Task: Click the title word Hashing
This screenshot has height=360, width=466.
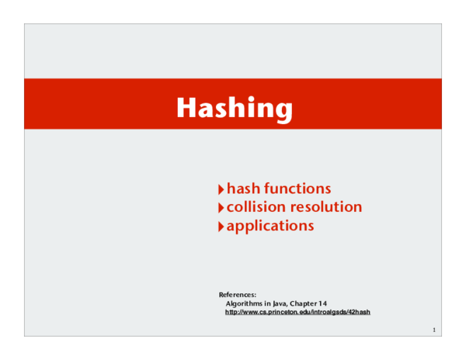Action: tap(235, 108)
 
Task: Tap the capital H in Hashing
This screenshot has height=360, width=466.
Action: tap(186, 107)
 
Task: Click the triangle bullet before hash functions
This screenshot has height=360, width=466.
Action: tap(221, 189)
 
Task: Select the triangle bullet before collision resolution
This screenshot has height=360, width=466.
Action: tap(221, 207)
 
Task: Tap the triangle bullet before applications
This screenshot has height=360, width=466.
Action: tap(221, 227)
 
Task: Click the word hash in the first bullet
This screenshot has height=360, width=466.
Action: tap(243, 189)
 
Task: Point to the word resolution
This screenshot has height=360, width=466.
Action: tap(326, 207)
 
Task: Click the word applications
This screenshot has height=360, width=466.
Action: tap(270, 227)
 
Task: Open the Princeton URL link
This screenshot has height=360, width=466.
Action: tap(297, 312)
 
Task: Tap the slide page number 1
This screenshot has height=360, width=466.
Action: tap(434, 331)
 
